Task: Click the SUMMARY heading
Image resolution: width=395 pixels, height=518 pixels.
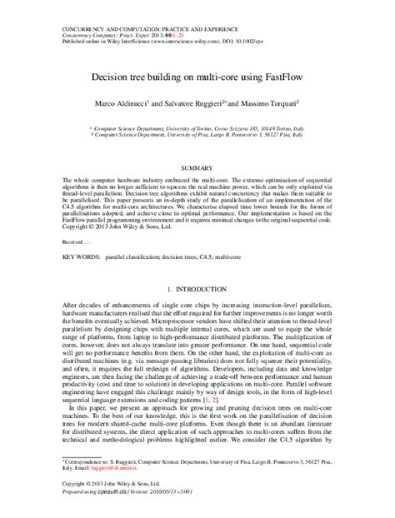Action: click(197, 168)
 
